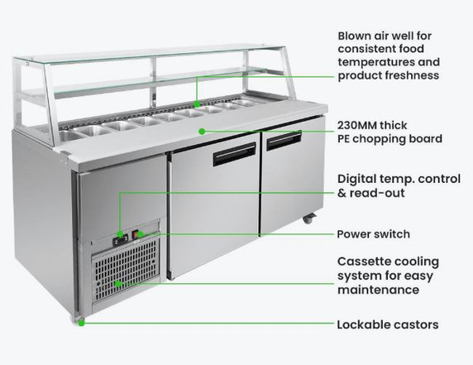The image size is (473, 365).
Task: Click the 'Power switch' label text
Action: [x=373, y=234]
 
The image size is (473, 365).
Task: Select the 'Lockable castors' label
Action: [x=388, y=324]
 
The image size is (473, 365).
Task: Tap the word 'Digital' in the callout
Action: [x=359, y=179]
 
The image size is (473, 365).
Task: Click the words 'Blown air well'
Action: [x=385, y=36]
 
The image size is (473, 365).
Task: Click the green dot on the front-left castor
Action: [x=82, y=322]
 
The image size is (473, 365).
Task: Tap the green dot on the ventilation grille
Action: [x=119, y=283]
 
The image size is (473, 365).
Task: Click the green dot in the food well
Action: [x=197, y=104]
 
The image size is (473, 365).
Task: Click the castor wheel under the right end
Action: [x=309, y=220]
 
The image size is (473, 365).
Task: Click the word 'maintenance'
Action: [x=378, y=291]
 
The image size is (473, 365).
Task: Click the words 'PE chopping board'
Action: [x=389, y=138]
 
